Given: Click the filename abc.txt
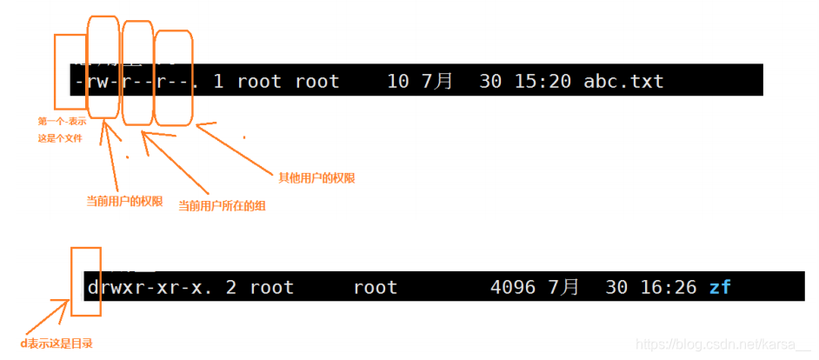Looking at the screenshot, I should point(623,82).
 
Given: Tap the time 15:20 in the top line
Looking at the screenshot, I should point(542,82).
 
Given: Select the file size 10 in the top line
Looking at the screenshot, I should point(397,82).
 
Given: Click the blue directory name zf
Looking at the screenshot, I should point(720,287).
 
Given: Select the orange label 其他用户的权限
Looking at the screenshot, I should point(316,177).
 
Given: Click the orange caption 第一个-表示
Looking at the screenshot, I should point(62,122).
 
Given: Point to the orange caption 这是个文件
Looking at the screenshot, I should point(59,138).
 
